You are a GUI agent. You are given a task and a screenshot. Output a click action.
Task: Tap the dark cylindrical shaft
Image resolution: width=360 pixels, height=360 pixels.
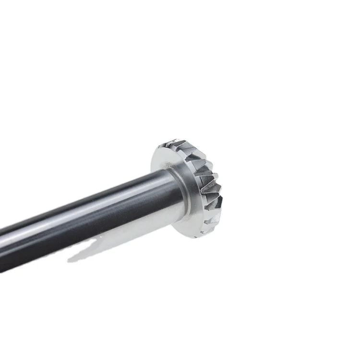coord(86,216)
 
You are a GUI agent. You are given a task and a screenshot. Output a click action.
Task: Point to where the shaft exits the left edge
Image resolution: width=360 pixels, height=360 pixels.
coord(2,250)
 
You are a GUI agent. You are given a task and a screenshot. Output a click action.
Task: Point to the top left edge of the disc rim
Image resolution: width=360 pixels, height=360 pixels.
coord(156,154)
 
